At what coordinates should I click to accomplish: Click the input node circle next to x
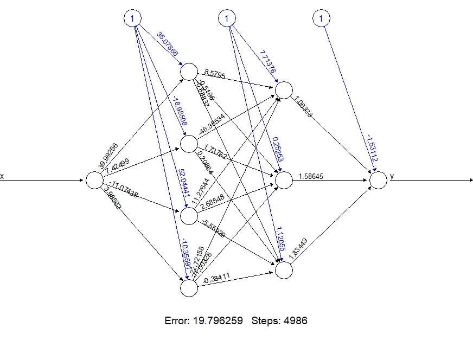point(94,181)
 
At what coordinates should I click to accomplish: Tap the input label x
point(2,176)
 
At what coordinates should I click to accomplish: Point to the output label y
point(392,176)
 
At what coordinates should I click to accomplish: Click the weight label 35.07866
point(167,44)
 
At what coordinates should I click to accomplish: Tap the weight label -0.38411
point(216,280)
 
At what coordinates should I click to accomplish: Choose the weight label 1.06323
point(303,107)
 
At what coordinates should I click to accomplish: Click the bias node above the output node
point(322,19)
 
